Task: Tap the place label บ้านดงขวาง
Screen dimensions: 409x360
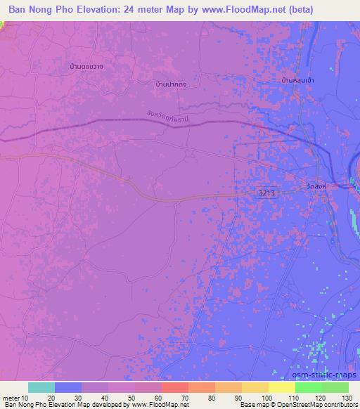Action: pos(87,67)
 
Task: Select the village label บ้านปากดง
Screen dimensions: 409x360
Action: pos(172,84)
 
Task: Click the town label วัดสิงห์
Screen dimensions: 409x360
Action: pos(317,187)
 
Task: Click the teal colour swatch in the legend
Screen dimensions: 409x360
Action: pos(41,387)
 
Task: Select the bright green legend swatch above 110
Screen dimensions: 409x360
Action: pos(308,387)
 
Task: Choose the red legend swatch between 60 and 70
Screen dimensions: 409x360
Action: pos(174,387)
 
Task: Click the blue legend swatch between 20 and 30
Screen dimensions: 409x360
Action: pos(67,387)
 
